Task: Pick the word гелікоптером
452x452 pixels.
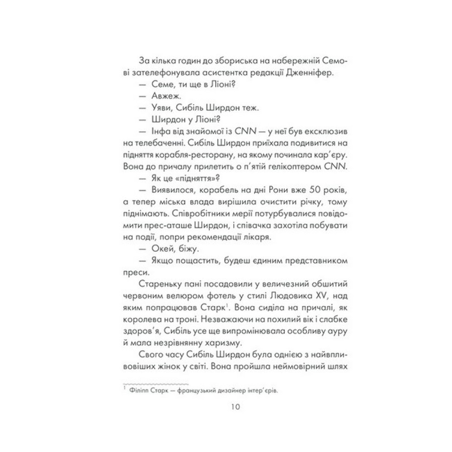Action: [294, 167]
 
